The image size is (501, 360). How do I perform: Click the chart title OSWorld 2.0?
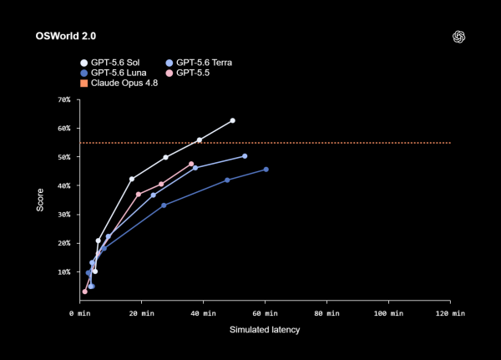tap(66, 36)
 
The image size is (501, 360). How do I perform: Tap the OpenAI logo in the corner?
tap(458, 37)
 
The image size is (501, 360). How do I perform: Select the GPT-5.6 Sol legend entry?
tap(110, 63)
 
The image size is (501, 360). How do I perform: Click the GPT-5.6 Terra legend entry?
tap(199, 63)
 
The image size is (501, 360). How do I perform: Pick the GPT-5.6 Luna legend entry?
tap(114, 73)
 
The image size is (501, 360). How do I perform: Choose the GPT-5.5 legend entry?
tap(188, 73)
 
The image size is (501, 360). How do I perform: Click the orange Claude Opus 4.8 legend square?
tap(84, 84)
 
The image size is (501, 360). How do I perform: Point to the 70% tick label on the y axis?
tap(64, 99)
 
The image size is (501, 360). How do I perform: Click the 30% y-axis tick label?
tap(64, 215)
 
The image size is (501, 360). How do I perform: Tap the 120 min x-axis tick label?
tap(450, 313)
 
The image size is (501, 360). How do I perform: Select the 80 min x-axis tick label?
tap(326, 313)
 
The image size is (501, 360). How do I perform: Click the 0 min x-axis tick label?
tap(80, 313)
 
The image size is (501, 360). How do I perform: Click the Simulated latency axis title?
tap(265, 330)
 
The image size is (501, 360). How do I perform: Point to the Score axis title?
tap(40, 200)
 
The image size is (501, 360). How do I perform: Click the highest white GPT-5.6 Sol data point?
tap(233, 120)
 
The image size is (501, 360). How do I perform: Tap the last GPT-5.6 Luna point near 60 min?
tap(266, 170)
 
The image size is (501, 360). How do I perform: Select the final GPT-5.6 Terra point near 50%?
tap(245, 156)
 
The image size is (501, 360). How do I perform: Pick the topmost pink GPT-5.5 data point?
tap(191, 164)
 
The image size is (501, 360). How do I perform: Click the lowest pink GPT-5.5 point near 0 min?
tap(84, 292)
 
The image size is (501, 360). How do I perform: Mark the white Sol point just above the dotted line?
tap(200, 140)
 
